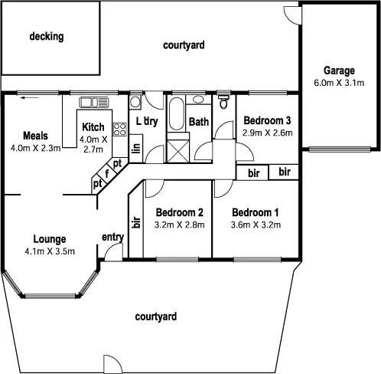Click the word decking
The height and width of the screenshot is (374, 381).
click(x=46, y=36)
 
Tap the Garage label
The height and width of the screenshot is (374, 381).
click(x=338, y=71)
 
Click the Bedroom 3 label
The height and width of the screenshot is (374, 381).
click(x=266, y=120)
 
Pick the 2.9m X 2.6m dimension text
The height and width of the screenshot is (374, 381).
click(x=266, y=132)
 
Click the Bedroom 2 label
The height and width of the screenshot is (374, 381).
click(x=178, y=212)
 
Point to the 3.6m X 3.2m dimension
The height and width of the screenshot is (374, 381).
click(x=256, y=225)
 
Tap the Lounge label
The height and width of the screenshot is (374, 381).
click(x=48, y=238)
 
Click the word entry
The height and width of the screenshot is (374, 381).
click(x=112, y=237)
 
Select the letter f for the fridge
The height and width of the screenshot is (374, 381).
click(x=108, y=174)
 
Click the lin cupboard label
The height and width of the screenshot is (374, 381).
click(x=136, y=148)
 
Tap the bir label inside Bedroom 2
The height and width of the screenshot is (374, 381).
click(x=136, y=223)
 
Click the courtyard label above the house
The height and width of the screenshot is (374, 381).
click(x=184, y=46)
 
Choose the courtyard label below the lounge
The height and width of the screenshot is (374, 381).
click(x=156, y=316)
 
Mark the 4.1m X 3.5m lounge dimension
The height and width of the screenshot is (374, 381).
click(x=48, y=250)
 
